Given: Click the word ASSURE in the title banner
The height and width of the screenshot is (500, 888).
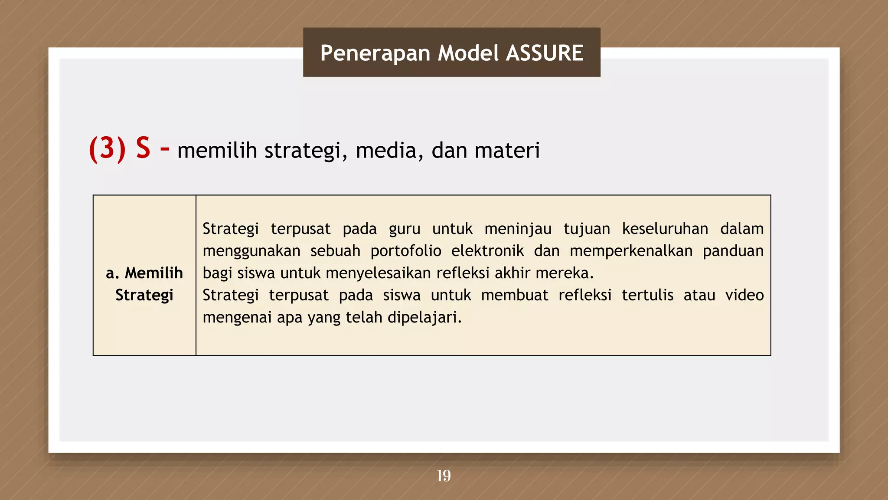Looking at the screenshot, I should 545,53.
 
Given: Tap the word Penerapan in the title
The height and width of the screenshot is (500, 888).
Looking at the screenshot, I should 375,53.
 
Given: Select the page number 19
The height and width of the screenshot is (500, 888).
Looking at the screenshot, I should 444,476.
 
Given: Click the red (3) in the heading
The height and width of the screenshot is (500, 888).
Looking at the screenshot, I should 107,149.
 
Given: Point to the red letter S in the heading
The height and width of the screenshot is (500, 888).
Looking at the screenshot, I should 143,148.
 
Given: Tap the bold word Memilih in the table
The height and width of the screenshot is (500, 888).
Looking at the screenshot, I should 153,273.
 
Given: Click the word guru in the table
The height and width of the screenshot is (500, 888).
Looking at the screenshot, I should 404,229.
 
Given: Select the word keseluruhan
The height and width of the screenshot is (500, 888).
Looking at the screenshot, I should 665,229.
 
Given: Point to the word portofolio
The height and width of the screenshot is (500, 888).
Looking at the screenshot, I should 406,251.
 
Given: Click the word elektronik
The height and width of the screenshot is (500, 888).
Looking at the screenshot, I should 487,251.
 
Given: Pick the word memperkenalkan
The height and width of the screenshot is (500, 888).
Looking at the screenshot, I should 631,251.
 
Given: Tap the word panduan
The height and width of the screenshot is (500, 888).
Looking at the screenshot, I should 733,251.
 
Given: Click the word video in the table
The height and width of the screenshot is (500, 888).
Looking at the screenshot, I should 744,295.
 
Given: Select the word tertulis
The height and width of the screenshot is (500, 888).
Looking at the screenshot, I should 647,295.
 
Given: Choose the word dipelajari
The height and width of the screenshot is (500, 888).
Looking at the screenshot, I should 424,318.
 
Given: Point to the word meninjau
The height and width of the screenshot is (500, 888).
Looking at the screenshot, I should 518,229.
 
